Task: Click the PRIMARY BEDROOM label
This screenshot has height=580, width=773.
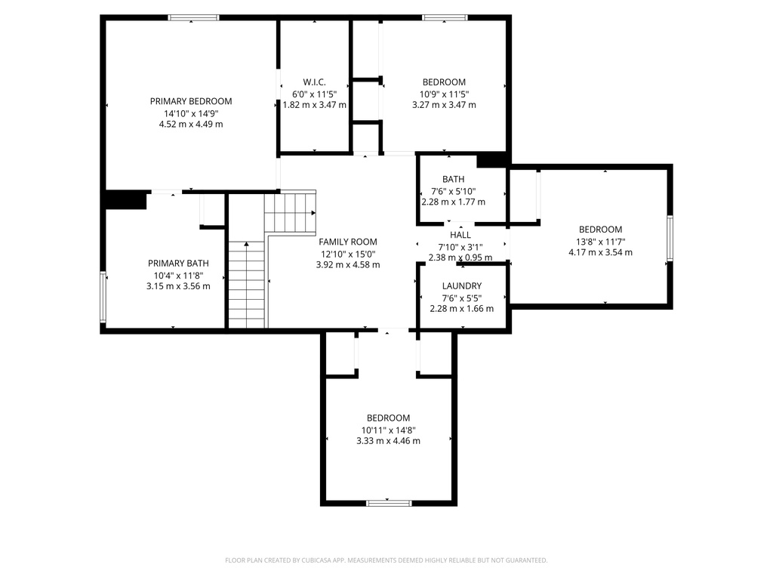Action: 191,101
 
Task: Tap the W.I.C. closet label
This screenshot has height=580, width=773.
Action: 314,82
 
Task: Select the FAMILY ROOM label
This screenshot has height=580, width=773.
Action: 347,242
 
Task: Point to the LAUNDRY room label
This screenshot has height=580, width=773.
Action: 462,285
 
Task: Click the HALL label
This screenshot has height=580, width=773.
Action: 460,235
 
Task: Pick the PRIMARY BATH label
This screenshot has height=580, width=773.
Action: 178,264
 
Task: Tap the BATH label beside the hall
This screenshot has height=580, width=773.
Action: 453,179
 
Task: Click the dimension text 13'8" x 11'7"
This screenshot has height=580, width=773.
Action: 600,242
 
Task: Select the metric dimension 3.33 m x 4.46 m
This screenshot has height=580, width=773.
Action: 389,441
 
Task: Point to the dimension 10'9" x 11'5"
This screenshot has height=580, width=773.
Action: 444,94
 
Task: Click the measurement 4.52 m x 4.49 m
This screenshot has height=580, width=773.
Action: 191,125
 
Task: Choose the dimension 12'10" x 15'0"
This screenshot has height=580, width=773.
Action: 348,254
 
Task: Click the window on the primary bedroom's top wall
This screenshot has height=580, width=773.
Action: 193,18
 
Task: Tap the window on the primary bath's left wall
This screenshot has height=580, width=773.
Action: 103,298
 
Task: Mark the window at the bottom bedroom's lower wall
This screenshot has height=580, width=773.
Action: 389,503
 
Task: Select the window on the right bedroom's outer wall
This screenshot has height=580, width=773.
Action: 670,238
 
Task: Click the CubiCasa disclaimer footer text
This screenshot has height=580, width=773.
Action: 386,560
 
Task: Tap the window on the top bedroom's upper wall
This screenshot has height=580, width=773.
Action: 445,18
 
